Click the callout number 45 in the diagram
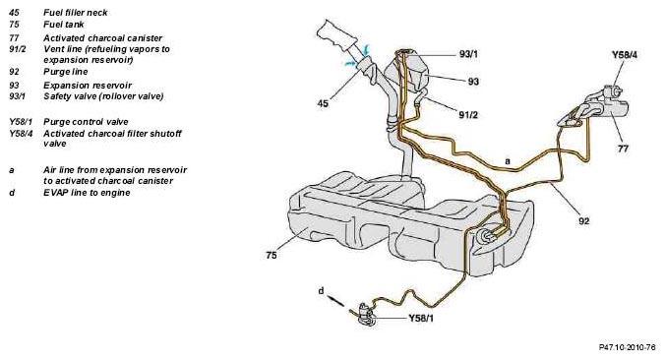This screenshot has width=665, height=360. pyautogui.click(x=323, y=103)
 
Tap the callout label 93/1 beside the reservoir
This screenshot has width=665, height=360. pyautogui.click(x=468, y=54)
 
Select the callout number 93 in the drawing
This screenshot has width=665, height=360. pyautogui.click(x=473, y=81)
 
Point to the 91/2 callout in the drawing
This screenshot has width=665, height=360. pyautogui.click(x=468, y=114)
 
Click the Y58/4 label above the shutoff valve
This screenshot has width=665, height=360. pyautogui.click(x=625, y=55)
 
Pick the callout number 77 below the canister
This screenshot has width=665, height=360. pyautogui.click(x=623, y=149)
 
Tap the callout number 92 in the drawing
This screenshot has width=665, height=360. pyautogui.click(x=584, y=221)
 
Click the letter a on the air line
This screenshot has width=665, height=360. pyautogui.click(x=508, y=161)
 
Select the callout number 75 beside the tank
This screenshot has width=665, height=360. pyautogui.click(x=272, y=255)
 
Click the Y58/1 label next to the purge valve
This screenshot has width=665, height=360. pyautogui.click(x=421, y=318)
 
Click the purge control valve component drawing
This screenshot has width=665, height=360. pyautogui.click(x=366, y=315)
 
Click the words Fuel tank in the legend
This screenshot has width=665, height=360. pyautogui.click(x=64, y=25)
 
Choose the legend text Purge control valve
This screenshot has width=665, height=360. pyautogui.click(x=86, y=122)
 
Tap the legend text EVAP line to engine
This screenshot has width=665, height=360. pyautogui.click(x=87, y=193)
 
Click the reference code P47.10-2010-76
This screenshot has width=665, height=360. pyautogui.click(x=628, y=347)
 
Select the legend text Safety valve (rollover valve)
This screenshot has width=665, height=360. pyautogui.click(x=103, y=96)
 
